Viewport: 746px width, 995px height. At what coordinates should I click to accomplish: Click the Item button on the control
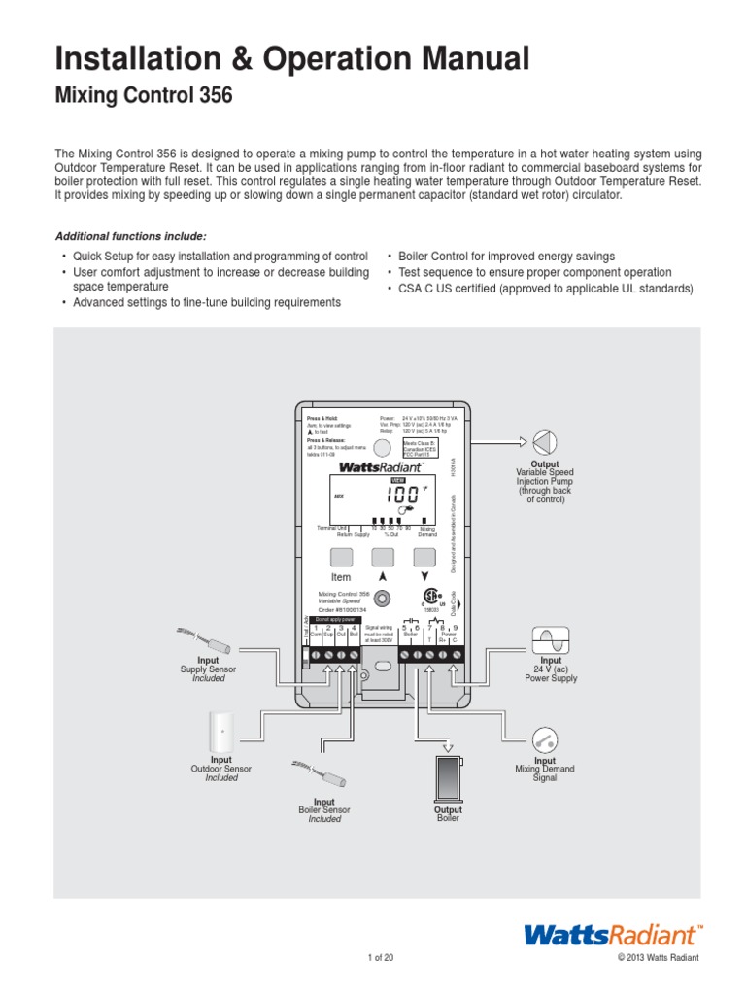tap(341, 557)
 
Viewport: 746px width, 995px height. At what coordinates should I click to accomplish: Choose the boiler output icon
tap(448, 776)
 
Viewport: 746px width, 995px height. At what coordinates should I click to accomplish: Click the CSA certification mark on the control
tap(426, 598)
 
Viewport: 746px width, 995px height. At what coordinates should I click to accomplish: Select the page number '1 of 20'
tap(381, 959)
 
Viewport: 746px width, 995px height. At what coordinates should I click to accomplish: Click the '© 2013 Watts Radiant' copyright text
tap(658, 959)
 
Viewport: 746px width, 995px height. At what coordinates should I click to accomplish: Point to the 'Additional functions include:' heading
tap(131, 236)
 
